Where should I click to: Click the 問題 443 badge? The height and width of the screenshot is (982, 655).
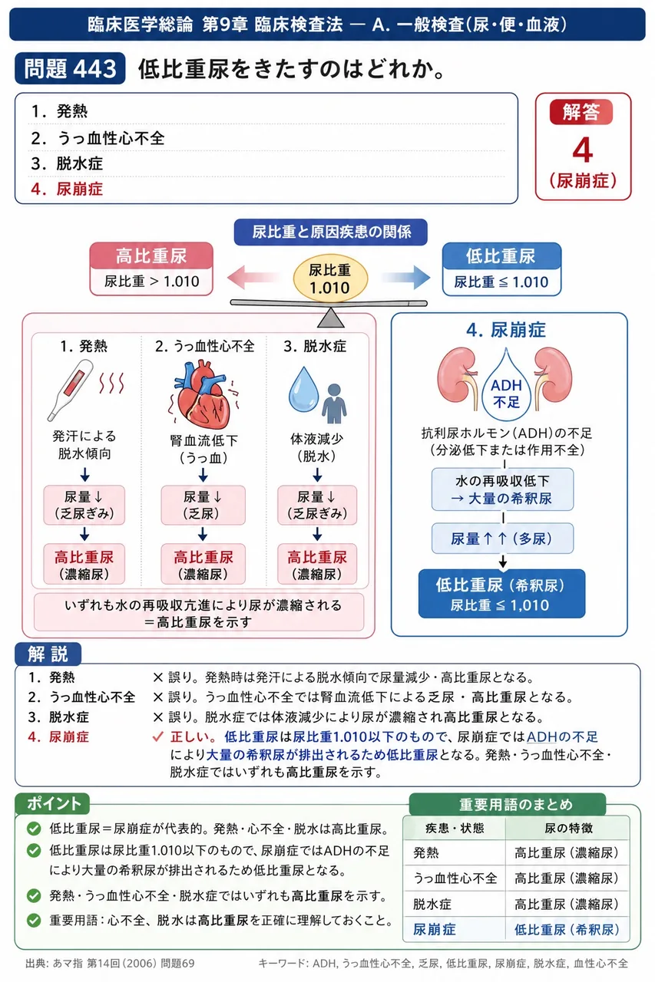tap(70, 68)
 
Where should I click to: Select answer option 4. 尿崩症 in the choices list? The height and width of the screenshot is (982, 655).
tap(67, 189)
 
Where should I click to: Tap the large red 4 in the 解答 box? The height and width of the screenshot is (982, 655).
tap(583, 150)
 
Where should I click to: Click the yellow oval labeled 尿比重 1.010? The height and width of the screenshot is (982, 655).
tap(330, 278)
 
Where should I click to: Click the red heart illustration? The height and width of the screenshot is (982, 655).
tap(203, 394)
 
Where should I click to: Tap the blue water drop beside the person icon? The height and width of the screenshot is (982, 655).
tap(303, 389)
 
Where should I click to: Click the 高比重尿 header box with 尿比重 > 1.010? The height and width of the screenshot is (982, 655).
tap(151, 269)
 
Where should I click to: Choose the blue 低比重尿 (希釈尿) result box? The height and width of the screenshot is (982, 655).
tap(501, 594)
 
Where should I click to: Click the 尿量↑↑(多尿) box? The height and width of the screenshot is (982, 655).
tap(502, 539)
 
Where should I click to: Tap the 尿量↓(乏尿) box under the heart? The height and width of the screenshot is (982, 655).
tap(203, 505)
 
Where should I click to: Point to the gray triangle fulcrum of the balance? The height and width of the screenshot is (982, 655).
tap(331, 318)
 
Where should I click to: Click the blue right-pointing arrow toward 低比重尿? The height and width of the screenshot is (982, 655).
tap(405, 277)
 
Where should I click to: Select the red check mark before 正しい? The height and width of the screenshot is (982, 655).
tap(157, 736)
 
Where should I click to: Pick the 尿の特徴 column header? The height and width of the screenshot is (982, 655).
tap(568, 828)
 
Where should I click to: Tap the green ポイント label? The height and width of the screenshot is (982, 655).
tap(53, 803)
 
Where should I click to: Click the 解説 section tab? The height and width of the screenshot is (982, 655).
tap(48, 654)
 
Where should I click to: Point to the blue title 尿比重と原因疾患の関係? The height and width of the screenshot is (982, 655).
tap(331, 232)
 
